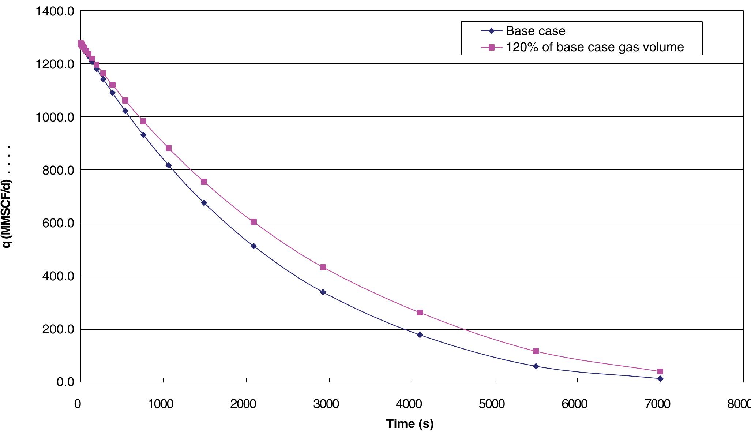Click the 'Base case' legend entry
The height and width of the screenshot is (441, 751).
[x=535, y=31]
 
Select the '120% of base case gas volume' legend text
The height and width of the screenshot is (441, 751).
[x=594, y=47]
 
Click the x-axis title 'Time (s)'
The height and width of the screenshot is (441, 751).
[x=410, y=423]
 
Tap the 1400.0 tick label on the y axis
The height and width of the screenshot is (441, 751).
[x=55, y=11]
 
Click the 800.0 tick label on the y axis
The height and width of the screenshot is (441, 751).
[x=58, y=170]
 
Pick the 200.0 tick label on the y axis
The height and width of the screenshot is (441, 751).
[x=58, y=329]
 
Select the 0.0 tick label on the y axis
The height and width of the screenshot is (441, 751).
[x=65, y=382]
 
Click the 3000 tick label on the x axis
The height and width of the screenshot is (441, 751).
[x=326, y=404]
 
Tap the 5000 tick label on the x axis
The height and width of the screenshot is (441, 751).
[x=492, y=404]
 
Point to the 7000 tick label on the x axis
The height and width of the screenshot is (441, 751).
[x=658, y=404]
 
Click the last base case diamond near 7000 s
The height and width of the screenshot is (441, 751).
[x=660, y=379]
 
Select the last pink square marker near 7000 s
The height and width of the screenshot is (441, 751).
[x=660, y=371]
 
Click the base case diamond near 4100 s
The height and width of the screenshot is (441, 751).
[x=420, y=335]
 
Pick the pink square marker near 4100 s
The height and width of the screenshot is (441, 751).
[x=420, y=313]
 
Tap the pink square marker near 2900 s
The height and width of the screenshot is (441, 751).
[x=323, y=267]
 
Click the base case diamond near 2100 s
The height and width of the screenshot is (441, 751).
[x=254, y=246]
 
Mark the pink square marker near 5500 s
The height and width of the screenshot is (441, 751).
[x=536, y=351]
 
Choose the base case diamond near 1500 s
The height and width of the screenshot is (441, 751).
[x=204, y=203]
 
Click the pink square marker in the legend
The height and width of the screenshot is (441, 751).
[x=492, y=47]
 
